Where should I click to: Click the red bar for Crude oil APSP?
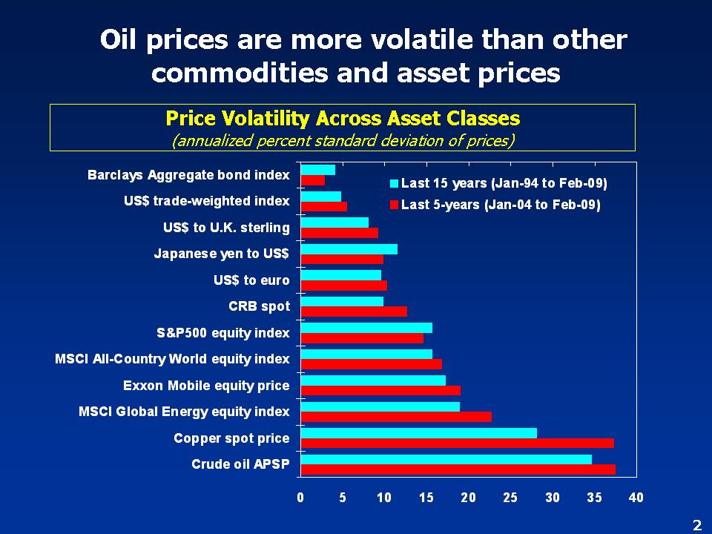[458, 469]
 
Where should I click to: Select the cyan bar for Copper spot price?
[418, 433]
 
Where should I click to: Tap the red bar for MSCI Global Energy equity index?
[396, 417]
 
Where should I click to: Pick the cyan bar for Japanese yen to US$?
[349, 249]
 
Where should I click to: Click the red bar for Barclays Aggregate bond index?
[312, 180]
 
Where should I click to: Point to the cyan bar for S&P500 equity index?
[366, 328]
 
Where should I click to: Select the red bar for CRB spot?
[354, 311]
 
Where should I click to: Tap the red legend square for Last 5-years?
[395, 205]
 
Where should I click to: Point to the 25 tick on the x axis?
[510, 498]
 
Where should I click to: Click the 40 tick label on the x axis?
[636, 498]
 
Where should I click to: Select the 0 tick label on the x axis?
[300, 498]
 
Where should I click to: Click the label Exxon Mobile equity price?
[206, 386]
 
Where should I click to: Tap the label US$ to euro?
[251, 280]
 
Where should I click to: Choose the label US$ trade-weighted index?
[207, 202]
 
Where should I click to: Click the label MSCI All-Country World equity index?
[172, 359]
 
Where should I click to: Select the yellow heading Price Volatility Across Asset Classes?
[343, 119]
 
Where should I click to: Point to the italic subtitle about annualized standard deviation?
[343, 139]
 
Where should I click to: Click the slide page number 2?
[696, 525]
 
